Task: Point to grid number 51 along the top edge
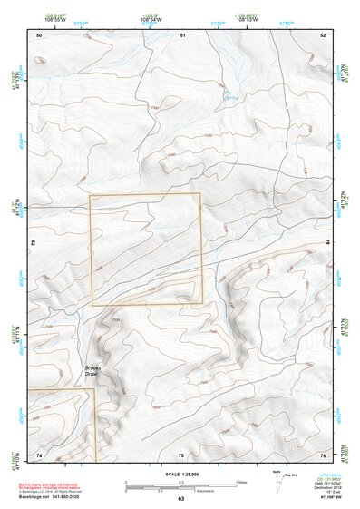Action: coord(182,34)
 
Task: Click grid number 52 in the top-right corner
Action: coord(323,34)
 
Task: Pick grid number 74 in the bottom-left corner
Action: coord(39,455)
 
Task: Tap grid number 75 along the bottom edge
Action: coord(180,455)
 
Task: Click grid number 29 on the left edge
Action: coord(34,243)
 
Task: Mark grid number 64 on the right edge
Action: coord(328,243)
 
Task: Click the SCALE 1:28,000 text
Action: coord(180,474)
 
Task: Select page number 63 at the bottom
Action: coord(180,498)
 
